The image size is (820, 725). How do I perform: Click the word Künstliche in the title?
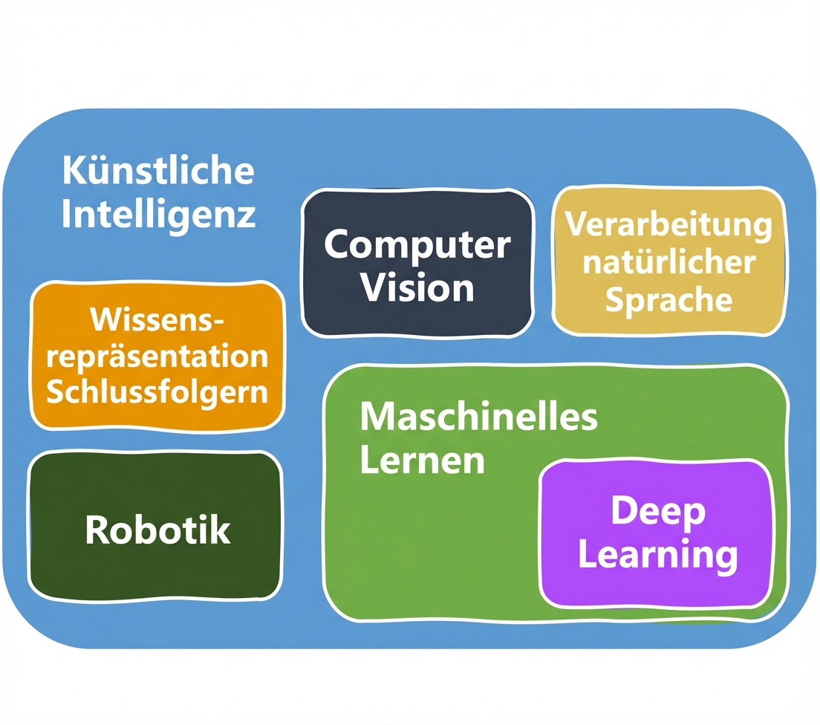pyautogui.click(x=157, y=171)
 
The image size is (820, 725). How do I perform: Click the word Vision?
pyautogui.click(x=417, y=287)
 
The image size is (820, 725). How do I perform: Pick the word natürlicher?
pyautogui.click(x=668, y=262)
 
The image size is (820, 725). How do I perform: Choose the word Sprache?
pyautogui.click(x=668, y=299)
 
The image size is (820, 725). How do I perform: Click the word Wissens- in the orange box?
pyautogui.click(x=157, y=321)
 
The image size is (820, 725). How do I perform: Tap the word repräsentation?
pyautogui.click(x=157, y=357)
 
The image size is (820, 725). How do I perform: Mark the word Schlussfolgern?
pyautogui.click(x=157, y=391)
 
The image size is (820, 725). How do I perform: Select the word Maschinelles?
pyautogui.click(x=479, y=417)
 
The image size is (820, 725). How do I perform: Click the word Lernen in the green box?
pyautogui.click(x=422, y=461)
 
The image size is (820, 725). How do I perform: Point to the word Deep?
pyautogui.click(x=657, y=512)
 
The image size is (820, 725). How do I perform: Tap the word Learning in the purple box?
pyautogui.click(x=657, y=555)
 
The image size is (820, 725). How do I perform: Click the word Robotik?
pyautogui.click(x=157, y=530)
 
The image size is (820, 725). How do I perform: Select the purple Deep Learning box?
pyautogui.click(x=657, y=587)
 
